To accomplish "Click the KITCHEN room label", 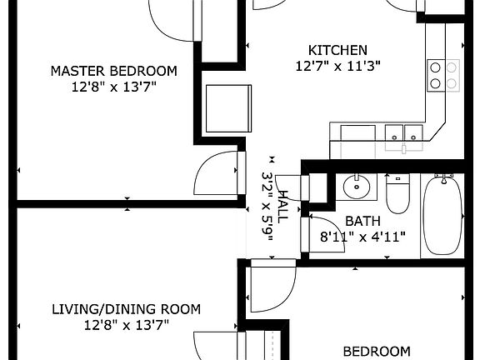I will click(x=337, y=50).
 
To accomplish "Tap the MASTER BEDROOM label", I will click(x=114, y=70).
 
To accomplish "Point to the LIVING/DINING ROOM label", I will click(x=126, y=309).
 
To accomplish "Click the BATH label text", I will click(x=363, y=221).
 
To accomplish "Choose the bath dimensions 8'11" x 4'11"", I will click(x=363, y=237).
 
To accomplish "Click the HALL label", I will click(x=282, y=204).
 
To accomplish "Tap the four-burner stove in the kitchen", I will click(x=442, y=76).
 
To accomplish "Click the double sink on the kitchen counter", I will click(x=403, y=133).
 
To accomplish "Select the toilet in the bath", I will click(x=397, y=193).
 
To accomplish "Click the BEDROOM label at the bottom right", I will click(x=377, y=352).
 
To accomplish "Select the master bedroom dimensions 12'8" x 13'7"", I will click(x=114, y=86).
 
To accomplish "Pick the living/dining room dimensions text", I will click(x=126, y=325).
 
